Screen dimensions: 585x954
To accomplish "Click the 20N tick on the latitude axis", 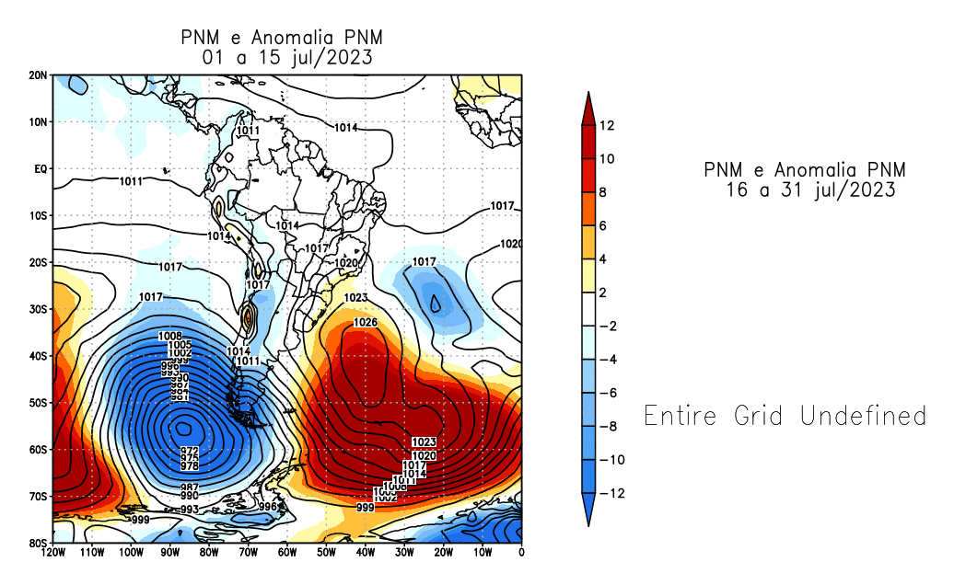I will click(37, 75).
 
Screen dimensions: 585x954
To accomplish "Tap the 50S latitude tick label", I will click(38, 403).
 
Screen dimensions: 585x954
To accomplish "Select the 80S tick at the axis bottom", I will click(38, 544).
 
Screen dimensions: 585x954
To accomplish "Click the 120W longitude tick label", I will click(52, 552).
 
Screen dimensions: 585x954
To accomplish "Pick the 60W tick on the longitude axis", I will click(286, 552).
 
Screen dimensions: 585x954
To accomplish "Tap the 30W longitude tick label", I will click(404, 552).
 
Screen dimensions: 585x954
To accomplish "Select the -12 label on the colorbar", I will click(611, 494).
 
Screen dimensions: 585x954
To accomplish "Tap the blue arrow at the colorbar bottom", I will click(587, 510).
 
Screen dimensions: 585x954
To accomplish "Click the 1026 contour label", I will click(366, 322).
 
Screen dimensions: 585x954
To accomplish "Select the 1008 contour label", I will click(170, 336).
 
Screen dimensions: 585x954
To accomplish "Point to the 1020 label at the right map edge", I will click(511, 244).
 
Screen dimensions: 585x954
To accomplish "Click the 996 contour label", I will click(268, 506).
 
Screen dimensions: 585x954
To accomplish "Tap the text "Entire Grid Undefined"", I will click(785, 416).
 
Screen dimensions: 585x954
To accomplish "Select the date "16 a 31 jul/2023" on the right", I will click(810, 190).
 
